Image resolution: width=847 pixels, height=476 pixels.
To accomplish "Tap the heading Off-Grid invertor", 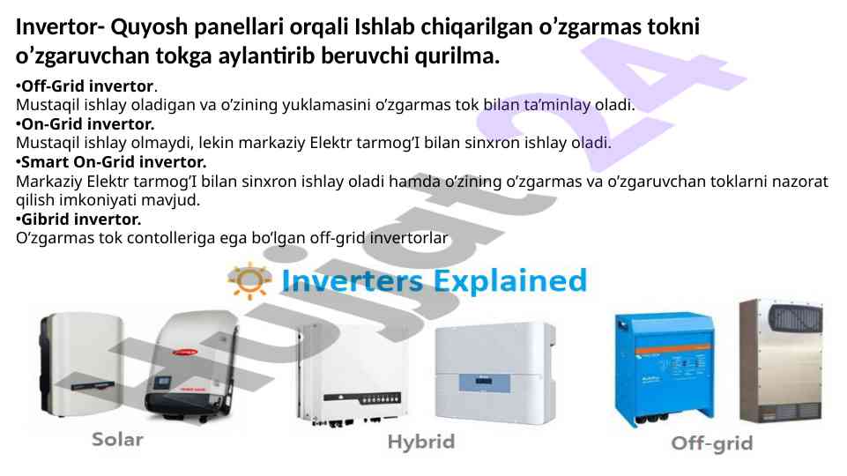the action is coord(87,86).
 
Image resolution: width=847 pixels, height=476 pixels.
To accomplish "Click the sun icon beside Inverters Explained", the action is coord(249,280).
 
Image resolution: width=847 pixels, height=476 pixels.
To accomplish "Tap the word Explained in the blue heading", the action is coord(510,281).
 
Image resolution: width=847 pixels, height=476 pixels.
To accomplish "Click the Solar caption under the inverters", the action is coord(117,439).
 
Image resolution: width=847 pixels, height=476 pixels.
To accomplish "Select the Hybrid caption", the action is coord(421,442).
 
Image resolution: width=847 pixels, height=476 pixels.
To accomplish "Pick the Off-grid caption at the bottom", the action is coord(712,443).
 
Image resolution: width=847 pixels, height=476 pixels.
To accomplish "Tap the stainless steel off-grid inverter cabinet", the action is coord(782,361).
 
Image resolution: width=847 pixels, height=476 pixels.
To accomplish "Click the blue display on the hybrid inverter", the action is coord(484,382).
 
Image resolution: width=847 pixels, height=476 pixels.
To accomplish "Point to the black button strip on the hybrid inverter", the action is coord(362,398).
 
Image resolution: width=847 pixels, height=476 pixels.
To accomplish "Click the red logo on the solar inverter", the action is coord(185,353).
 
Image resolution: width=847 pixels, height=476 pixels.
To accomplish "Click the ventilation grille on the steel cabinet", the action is coord(795,318).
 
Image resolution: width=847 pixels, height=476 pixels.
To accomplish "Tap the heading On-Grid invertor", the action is coord(87,123).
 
